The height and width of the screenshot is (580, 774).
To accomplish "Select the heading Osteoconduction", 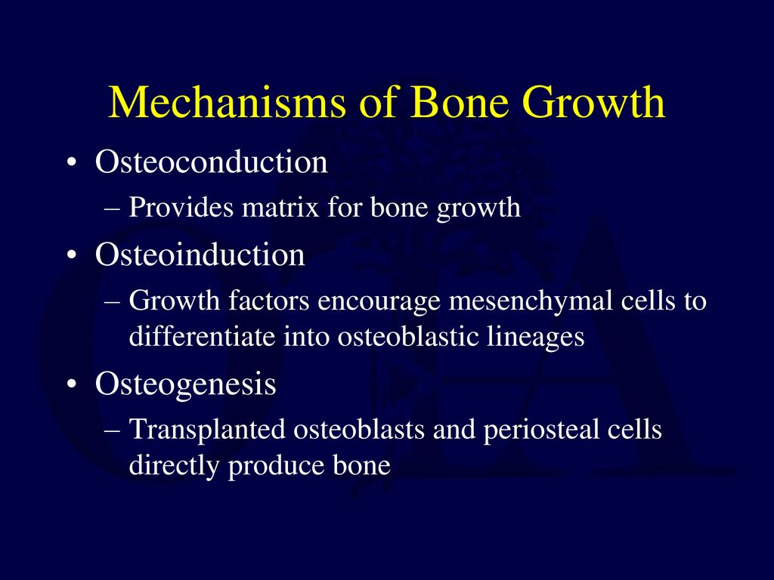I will point(211,162).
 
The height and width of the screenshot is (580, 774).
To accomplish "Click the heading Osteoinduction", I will point(200,255).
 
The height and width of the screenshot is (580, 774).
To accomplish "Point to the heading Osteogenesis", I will point(185,385).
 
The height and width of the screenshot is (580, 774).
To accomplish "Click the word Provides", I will point(181,208).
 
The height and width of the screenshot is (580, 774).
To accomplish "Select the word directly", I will point(175,466).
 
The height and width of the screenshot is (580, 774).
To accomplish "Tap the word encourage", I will point(380,301).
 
